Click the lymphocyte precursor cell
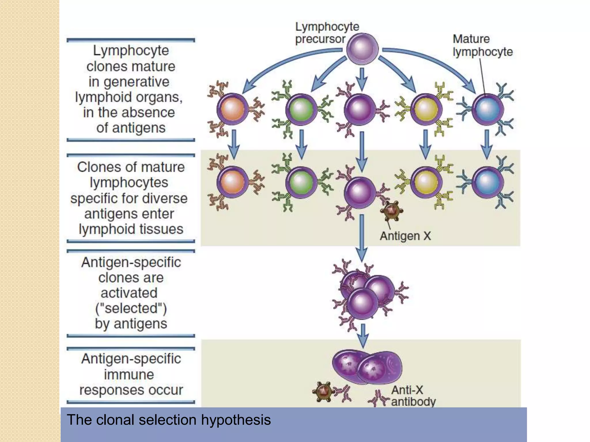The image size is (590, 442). pyautogui.click(x=362, y=49)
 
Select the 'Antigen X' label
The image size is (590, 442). pyautogui.click(x=405, y=236)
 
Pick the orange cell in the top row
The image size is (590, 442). pyautogui.click(x=232, y=109)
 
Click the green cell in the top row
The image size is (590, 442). pyautogui.click(x=301, y=109)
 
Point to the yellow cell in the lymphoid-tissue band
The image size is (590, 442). pyautogui.click(x=426, y=182)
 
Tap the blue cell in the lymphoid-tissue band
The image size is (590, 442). pyautogui.click(x=488, y=182)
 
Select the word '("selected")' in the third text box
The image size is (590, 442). pyautogui.click(x=131, y=308)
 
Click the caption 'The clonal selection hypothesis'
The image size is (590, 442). pyautogui.click(x=169, y=420)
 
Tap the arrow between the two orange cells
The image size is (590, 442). pyautogui.click(x=234, y=144)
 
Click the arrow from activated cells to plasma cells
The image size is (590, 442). pyautogui.click(x=363, y=335)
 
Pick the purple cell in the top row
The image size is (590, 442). pyautogui.click(x=360, y=109)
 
